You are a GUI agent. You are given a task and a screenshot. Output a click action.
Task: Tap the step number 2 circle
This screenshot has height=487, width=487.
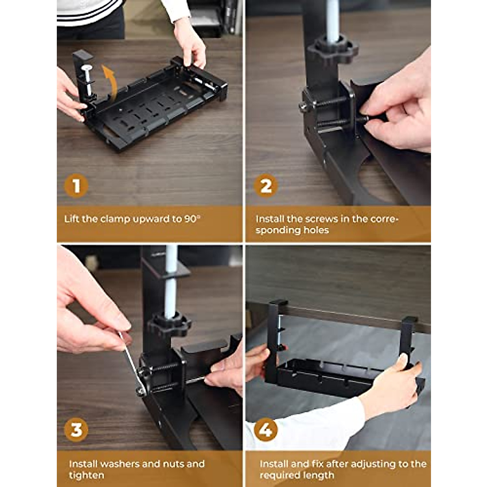[x=266, y=186]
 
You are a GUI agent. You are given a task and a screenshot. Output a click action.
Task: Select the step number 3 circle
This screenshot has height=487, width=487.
[x=76, y=430]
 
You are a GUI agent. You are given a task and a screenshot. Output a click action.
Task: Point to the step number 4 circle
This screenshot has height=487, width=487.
[x=266, y=430]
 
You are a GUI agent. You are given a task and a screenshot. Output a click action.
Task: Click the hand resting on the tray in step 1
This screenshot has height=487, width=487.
[x=190, y=41]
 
